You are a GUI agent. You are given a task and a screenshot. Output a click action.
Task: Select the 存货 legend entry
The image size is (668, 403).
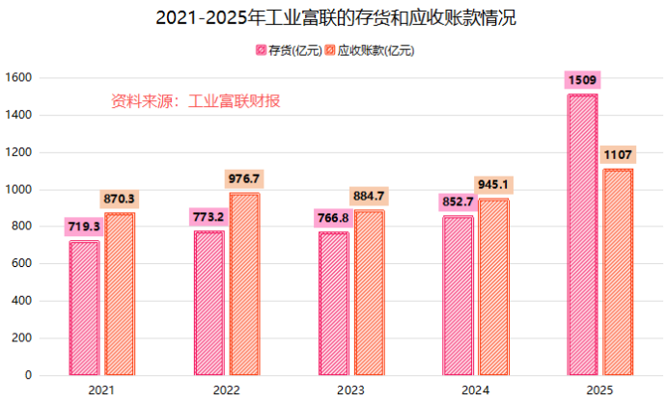(287, 50)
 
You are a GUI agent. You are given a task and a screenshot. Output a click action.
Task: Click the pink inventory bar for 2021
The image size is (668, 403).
(84, 308)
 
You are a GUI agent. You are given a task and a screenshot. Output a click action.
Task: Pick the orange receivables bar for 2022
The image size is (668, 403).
(244, 283)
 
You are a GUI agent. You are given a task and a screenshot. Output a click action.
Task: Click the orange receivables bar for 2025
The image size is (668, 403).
(618, 272)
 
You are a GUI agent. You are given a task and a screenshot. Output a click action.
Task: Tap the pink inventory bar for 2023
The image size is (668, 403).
(333, 303)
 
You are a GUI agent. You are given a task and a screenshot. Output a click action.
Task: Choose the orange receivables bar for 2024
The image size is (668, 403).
(493, 287)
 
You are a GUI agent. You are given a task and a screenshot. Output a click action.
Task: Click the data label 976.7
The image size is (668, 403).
(244, 178)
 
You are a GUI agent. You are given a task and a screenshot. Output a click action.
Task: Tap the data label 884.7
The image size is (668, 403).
(369, 196)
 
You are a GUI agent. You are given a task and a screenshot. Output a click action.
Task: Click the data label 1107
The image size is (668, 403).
(618, 154)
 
